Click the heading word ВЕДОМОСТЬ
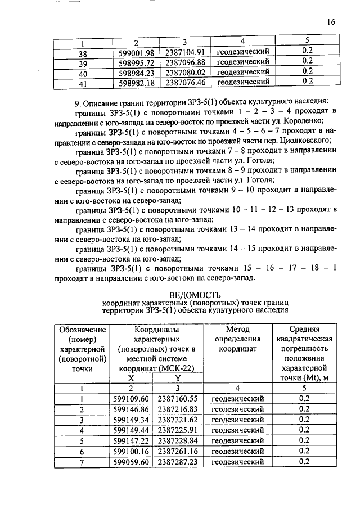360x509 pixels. (195, 295)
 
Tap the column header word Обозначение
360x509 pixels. (82, 329)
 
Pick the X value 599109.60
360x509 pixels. (137, 398)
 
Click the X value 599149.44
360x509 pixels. (137, 430)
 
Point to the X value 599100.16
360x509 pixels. (137, 451)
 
